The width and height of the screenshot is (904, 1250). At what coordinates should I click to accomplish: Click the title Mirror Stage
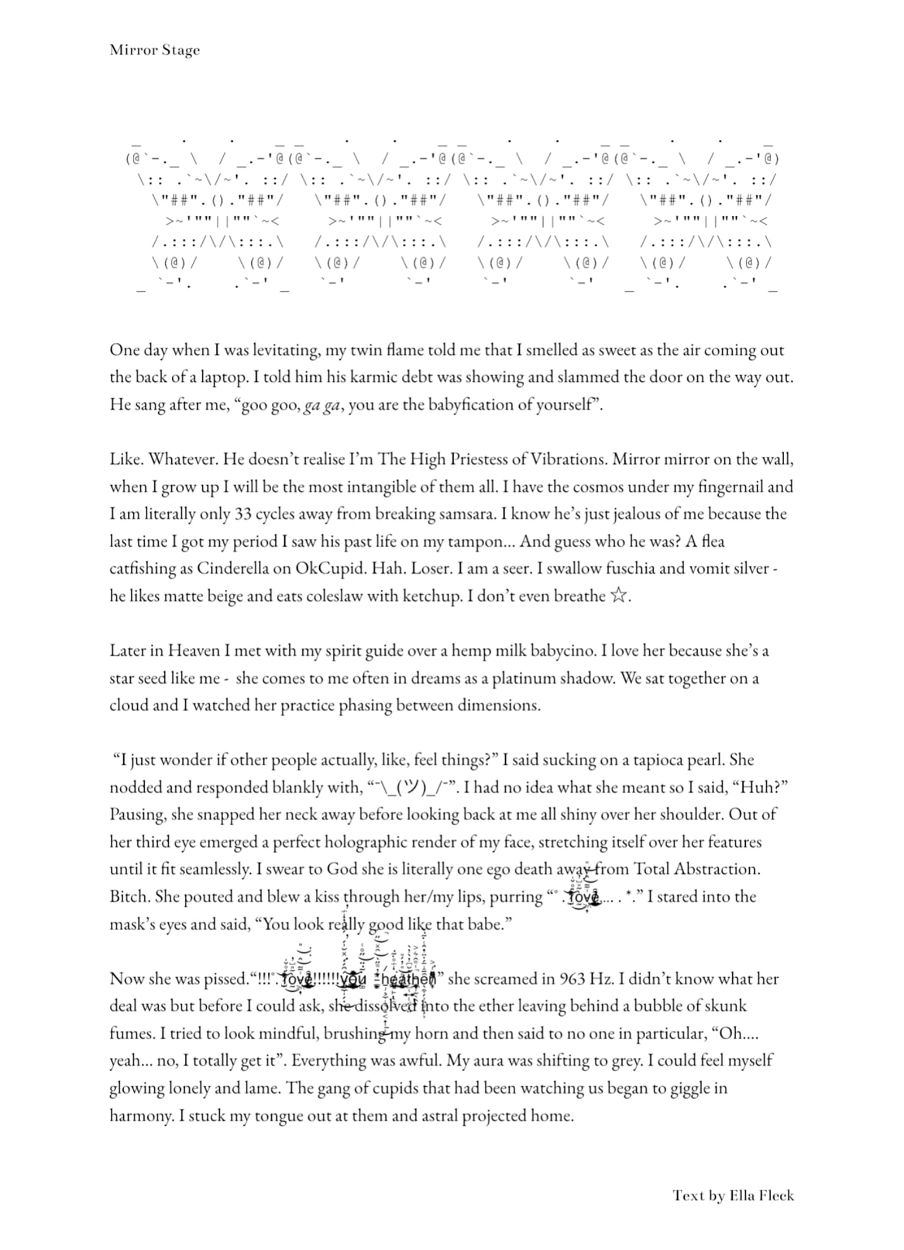(x=154, y=50)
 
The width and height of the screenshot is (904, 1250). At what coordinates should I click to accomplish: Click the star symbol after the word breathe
(x=618, y=596)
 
